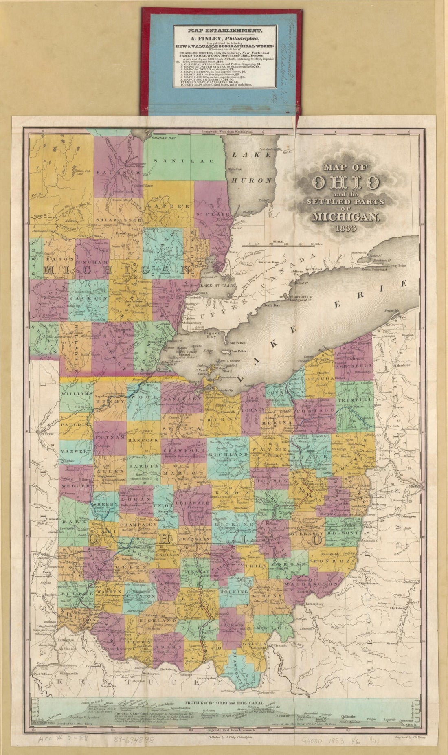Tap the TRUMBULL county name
tap(358, 400)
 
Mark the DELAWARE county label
tap(191, 503)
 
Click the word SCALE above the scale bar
tap(279, 241)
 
